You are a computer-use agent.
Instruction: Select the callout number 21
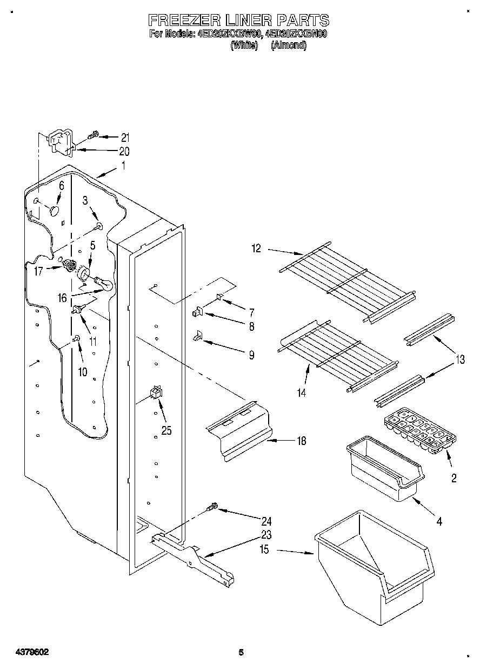click(x=125, y=137)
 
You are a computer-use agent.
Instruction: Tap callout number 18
click(x=301, y=441)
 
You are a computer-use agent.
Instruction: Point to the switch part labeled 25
click(x=156, y=392)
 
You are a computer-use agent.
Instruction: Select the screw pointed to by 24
click(x=211, y=507)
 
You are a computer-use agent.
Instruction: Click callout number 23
click(x=266, y=535)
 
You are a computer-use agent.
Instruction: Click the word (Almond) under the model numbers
click(x=289, y=46)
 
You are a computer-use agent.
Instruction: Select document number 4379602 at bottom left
click(x=25, y=652)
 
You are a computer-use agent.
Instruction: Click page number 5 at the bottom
click(x=241, y=652)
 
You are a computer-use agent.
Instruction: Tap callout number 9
click(x=251, y=355)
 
